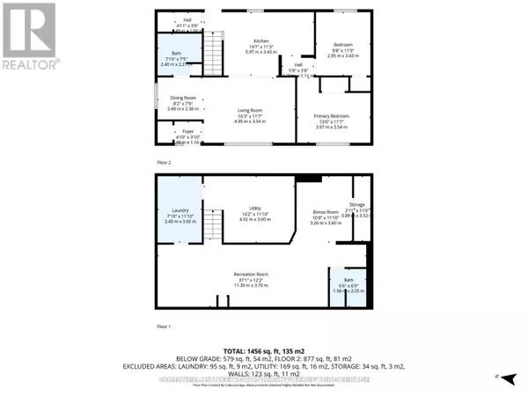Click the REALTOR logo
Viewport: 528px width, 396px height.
[29, 36]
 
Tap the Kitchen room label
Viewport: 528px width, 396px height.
[260, 42]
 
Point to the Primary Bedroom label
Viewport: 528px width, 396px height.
[332, 116]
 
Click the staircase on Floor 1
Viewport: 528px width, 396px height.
[211, 220]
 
